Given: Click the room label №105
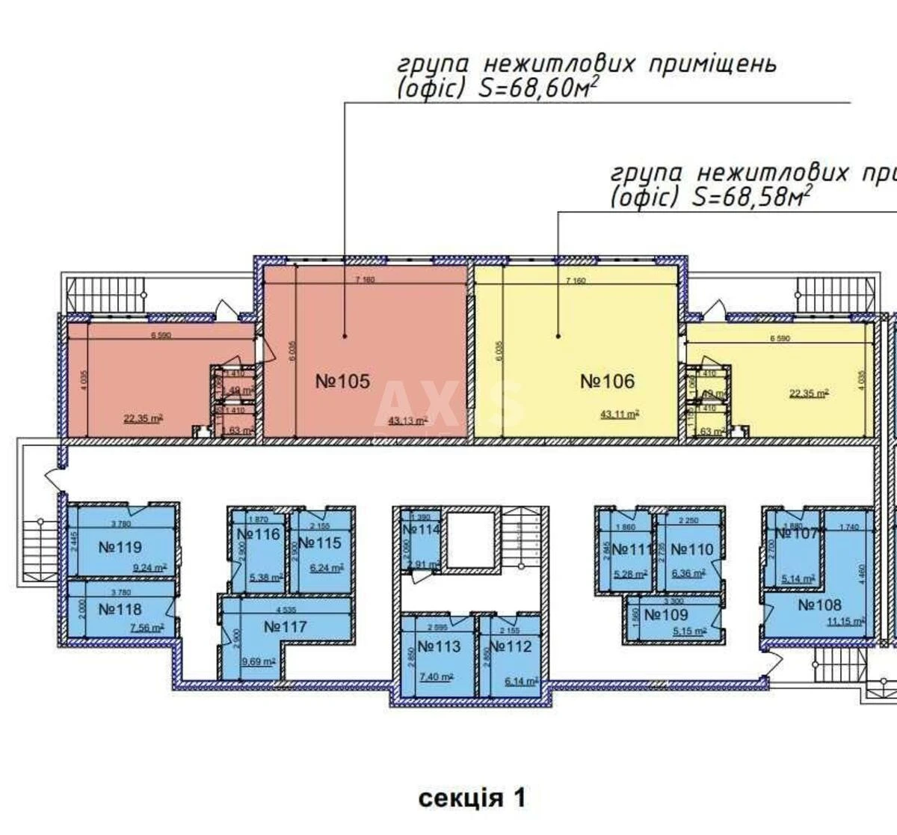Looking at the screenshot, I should point(342,381).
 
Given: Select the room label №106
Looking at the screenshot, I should point(607,381).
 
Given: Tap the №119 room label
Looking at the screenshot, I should point(120,547).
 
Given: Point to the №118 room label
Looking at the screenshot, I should point(120,609).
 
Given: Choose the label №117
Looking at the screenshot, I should point(285,626).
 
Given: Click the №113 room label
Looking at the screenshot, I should point(439,646).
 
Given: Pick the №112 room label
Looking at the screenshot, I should point(512,646).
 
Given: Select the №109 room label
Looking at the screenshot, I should point(666,614).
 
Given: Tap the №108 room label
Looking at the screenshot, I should point(819,605).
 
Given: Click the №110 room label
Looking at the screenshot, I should point(691,549).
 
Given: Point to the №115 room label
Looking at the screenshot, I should point(319,542).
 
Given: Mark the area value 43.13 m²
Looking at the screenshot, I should point(408,421).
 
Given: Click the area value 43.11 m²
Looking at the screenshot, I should point(620,413).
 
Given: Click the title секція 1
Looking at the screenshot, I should point(472,798).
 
